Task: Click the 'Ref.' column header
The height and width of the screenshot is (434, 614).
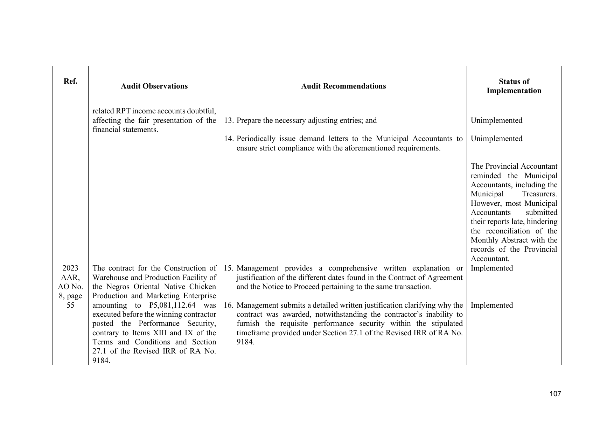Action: click(x=70, y=82)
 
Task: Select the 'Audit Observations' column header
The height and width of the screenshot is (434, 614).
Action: click(x=154, y=86)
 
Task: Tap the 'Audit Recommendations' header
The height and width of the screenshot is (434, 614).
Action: click(x=343, y=86)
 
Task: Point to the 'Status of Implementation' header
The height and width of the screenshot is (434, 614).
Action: click(x=514, y=86)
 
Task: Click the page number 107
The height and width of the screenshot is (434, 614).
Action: click(x=555, y=394)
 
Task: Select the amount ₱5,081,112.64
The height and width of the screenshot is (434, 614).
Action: click(x=172, y=305)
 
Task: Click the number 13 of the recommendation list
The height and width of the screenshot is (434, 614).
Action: click(x=229, y=121)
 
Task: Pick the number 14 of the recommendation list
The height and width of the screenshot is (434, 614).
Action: click(x=229, y=139)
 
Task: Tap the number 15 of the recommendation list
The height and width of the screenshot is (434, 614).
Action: click(x=228, y=268)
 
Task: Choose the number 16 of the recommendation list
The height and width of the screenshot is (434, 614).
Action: click(x=228, y=305)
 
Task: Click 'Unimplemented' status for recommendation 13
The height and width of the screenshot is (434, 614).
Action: click(x=496, y=121)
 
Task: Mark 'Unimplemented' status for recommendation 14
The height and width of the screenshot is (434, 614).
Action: click(x=496, y=139)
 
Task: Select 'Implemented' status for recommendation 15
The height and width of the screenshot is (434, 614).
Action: click(x=492, y=268)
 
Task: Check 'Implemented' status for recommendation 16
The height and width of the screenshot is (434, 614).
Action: click(x=492, y=305)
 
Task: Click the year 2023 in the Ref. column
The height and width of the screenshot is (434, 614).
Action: click(x=70, y=268)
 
